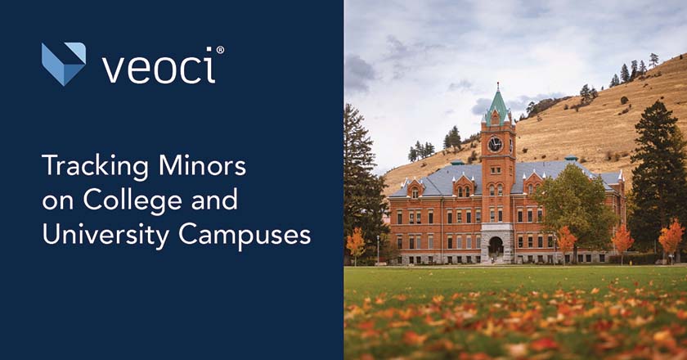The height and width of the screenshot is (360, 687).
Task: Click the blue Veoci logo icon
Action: point(63,64)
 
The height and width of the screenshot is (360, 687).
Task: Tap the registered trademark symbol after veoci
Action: point(220,50)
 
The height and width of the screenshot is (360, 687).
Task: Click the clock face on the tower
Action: point(495,145)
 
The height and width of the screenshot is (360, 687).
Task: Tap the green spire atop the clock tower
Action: point(497,102)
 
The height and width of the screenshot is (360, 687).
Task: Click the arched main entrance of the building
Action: point(496,246)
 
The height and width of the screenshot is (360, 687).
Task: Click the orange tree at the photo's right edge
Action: point(671,238)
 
